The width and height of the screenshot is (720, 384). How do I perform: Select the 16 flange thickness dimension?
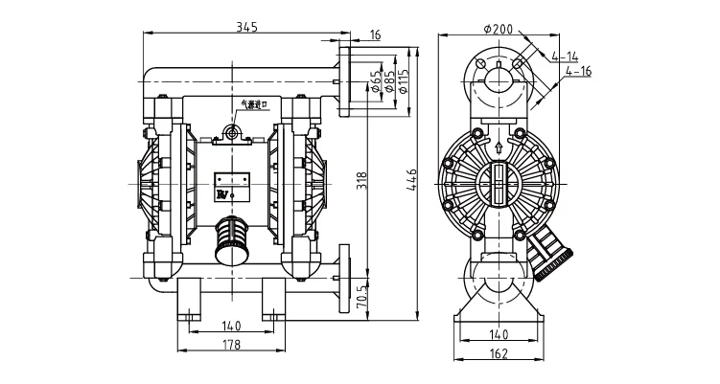pos(375,34)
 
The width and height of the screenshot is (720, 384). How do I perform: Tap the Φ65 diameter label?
pos(375,74)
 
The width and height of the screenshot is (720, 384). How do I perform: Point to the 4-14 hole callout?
pos(566,56)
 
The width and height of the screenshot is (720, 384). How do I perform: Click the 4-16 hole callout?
pos(579,70)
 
